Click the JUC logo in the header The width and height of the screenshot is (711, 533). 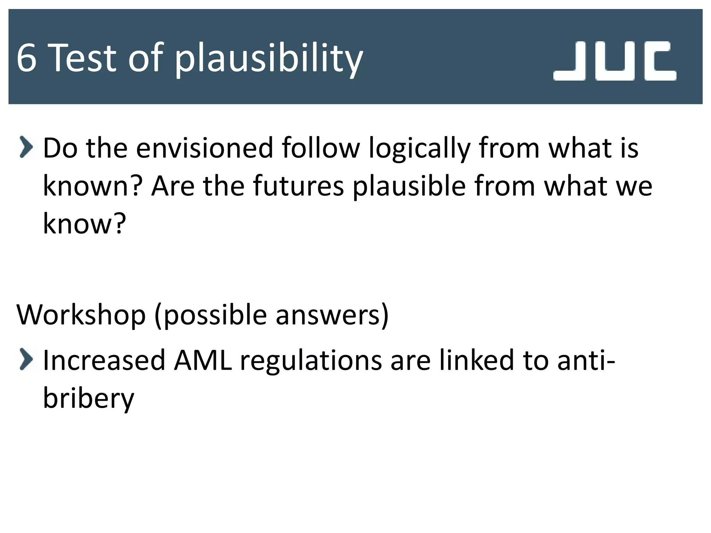(x=614, y=61)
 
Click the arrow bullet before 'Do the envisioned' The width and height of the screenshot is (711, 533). (x=26, y=147)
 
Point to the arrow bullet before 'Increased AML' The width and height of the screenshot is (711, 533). (x=26, y=359)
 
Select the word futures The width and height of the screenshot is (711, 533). (x=298, y=186)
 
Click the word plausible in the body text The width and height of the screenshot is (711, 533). (x=409, y=187)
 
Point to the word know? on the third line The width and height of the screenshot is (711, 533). (x=84, y=224)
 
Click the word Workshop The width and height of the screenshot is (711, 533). (x=81, y=315)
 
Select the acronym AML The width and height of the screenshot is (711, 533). (x=203, y=360)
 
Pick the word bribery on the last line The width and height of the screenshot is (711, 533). (x=88, y=398)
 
